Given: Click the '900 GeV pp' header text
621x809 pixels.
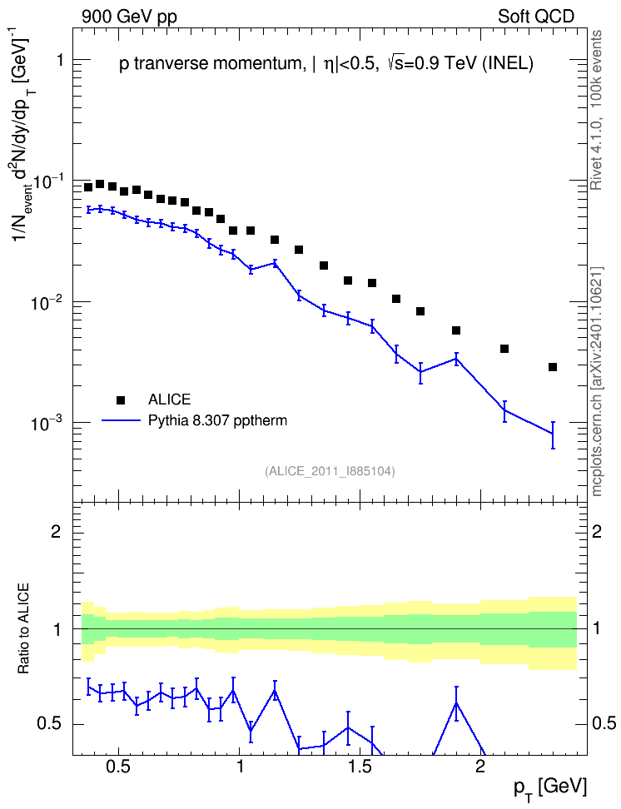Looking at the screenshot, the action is pos(129,17).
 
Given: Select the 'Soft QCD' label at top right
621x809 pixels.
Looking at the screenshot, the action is pos(535,17).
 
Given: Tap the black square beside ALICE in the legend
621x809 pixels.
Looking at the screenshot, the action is pos(121,400).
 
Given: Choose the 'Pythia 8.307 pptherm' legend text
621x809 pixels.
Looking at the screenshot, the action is pos(217,420).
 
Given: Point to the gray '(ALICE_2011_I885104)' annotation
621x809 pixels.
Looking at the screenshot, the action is pos(330,471).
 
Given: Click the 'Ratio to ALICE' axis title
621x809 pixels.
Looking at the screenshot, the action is pos(23,629).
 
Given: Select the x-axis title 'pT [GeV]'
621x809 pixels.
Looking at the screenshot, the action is pos(550,788).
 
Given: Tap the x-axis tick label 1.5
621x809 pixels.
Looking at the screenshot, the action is pos(360,767).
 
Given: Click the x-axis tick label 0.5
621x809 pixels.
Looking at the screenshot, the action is pos(118,767).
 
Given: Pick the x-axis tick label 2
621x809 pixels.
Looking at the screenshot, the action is pos(480,767).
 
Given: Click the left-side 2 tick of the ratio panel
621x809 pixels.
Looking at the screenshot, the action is pos(57,531).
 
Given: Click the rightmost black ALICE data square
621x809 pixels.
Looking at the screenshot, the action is pos(553,367).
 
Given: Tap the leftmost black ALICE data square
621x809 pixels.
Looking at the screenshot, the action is pos(88,186).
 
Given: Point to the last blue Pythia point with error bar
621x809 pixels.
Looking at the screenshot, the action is pos(553,434).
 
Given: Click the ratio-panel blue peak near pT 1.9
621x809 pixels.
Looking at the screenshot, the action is pos(456,702).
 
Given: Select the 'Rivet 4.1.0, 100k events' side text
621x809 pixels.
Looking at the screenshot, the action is pos(597,110).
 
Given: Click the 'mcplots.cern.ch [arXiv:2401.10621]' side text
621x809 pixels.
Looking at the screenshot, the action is pos(597,381).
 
